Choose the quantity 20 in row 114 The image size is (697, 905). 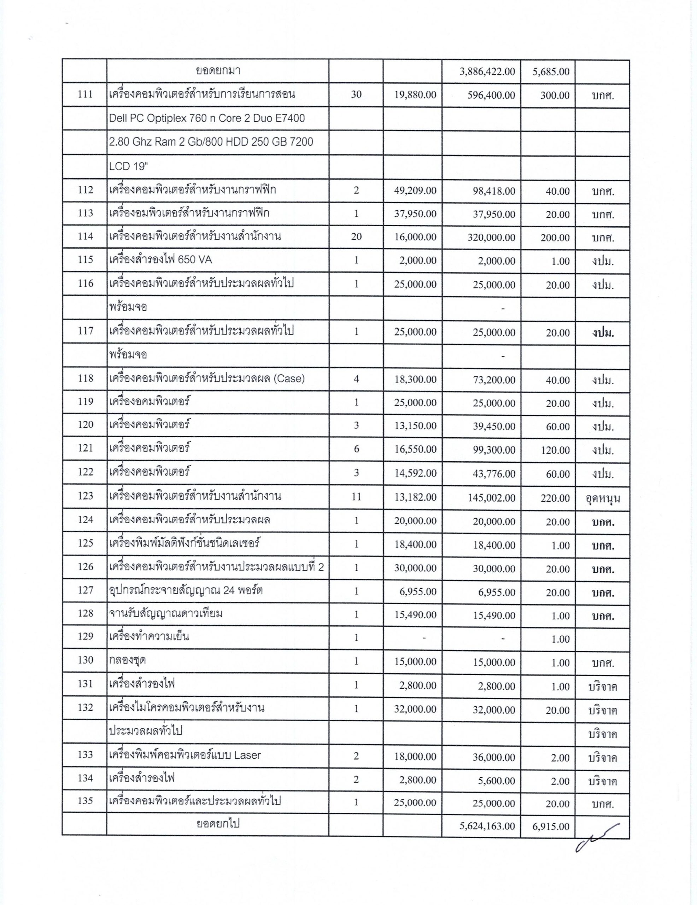(x=356, y=237)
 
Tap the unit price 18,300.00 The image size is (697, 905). (x=415, y=380)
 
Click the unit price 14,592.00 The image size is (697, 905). (x=415, y=474)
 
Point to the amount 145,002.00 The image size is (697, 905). (x=491, y=498)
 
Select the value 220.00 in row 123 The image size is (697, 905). (x=555, y=498)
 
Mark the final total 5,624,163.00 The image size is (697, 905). (x=487, y=826)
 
